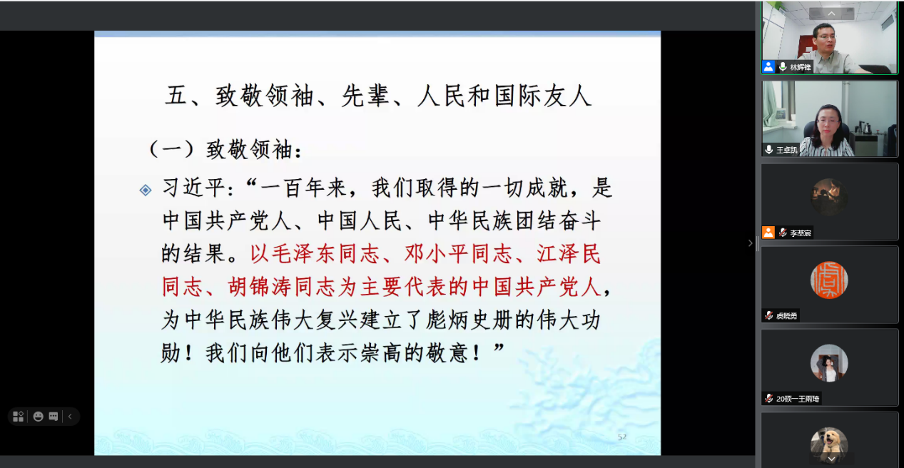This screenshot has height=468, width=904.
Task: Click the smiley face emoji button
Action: click(38, 417)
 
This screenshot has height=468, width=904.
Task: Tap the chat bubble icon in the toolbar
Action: click(54, 417)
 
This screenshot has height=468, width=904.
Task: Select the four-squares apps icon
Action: click(18, 417)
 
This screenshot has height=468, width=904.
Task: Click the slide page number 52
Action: click(622, 437)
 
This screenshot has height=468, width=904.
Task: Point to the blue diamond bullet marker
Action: click(146, 190)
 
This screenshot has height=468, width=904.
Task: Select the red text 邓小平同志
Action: click(457, 254)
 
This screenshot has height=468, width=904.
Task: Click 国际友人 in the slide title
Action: click(543, 96)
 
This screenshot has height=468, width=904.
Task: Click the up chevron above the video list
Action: click(831, 14)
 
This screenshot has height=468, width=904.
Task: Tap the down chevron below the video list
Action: click(831, 459)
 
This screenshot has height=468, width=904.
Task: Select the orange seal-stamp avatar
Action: click(829, 280)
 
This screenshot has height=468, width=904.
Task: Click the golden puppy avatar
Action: click(829, 444)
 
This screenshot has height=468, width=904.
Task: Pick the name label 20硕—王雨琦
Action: click(798, 399)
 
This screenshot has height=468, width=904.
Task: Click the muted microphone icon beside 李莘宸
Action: click(783, 233)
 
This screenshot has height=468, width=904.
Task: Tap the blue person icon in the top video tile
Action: click(768, 66)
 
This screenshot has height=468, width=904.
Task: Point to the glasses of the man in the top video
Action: click(826, 36)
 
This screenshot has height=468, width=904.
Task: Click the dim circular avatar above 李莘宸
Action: click(829, 197)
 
